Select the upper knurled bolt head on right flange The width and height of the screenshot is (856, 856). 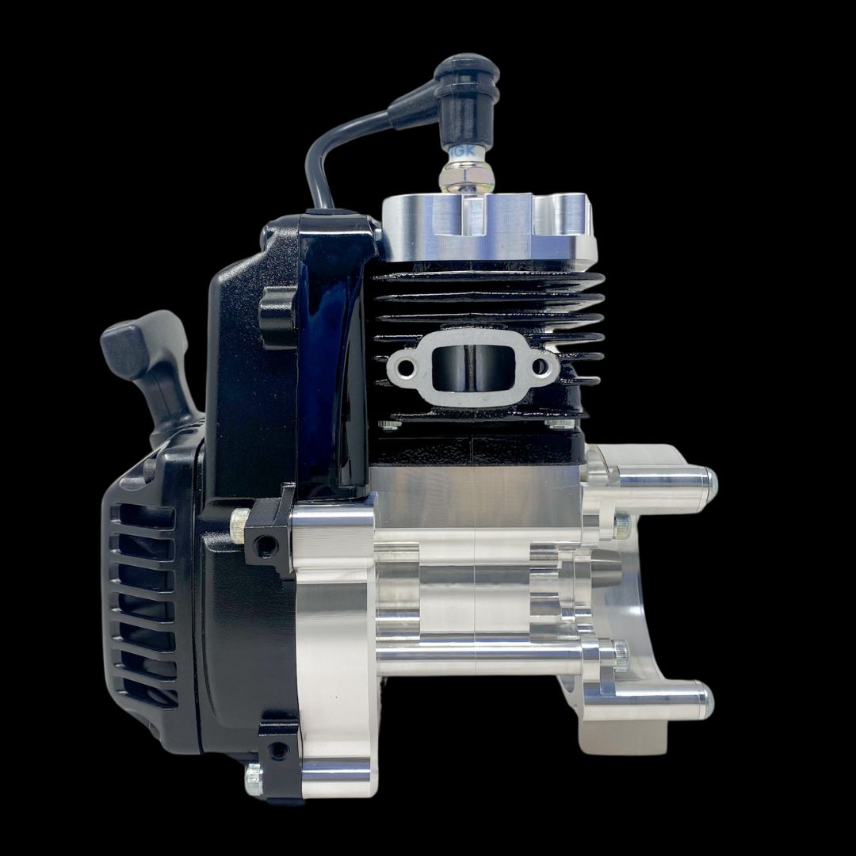point(621,523)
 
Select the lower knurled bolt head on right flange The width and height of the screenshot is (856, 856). point(620,655)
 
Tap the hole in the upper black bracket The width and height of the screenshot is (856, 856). point(267,545)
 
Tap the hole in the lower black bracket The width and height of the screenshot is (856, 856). point(277,748)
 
